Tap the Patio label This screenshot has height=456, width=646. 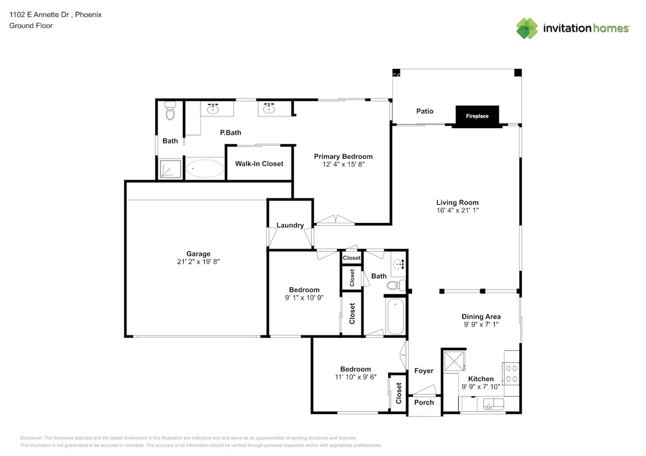coord(425,111)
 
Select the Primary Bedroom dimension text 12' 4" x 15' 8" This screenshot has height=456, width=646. coord(343,164)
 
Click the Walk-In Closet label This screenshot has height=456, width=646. coord(259,164)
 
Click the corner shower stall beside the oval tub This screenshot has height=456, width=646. coord(170,169)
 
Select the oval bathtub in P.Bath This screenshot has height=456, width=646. coord(205,168)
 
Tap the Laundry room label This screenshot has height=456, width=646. coord(290,225)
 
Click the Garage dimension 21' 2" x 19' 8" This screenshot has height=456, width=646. coord(198,261)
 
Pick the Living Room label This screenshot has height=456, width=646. coord(457,202)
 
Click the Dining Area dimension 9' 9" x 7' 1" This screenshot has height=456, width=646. coord(481,324)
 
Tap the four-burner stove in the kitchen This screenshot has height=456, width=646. coord(512,373)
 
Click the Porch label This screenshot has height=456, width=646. coord(424,402)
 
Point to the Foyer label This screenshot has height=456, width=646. coord(424,371)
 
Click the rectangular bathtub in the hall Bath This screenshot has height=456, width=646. coord(395,316)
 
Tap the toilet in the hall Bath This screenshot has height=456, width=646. coord(396,285)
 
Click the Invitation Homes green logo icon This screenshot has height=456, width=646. coord(527,28)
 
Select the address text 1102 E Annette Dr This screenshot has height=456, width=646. coord(39,15)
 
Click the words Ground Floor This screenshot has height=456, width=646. coord(31,26)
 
